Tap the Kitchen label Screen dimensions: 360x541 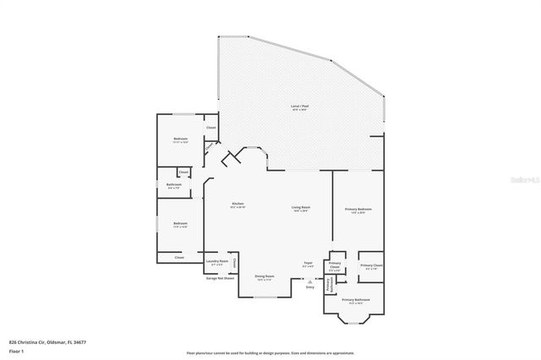coord(238,205)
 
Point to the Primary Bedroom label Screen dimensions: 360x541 coord(358,210)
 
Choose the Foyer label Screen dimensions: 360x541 coord(309,265)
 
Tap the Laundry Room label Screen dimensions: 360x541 coord(216,263)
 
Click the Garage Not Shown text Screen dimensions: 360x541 coord(220,278)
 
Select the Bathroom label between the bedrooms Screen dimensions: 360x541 coord(174,185)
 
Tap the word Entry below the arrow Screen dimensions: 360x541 coord(309,287)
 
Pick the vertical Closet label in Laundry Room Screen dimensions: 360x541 coord(234,263)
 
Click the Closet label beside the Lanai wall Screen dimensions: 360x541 coord(211,128)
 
